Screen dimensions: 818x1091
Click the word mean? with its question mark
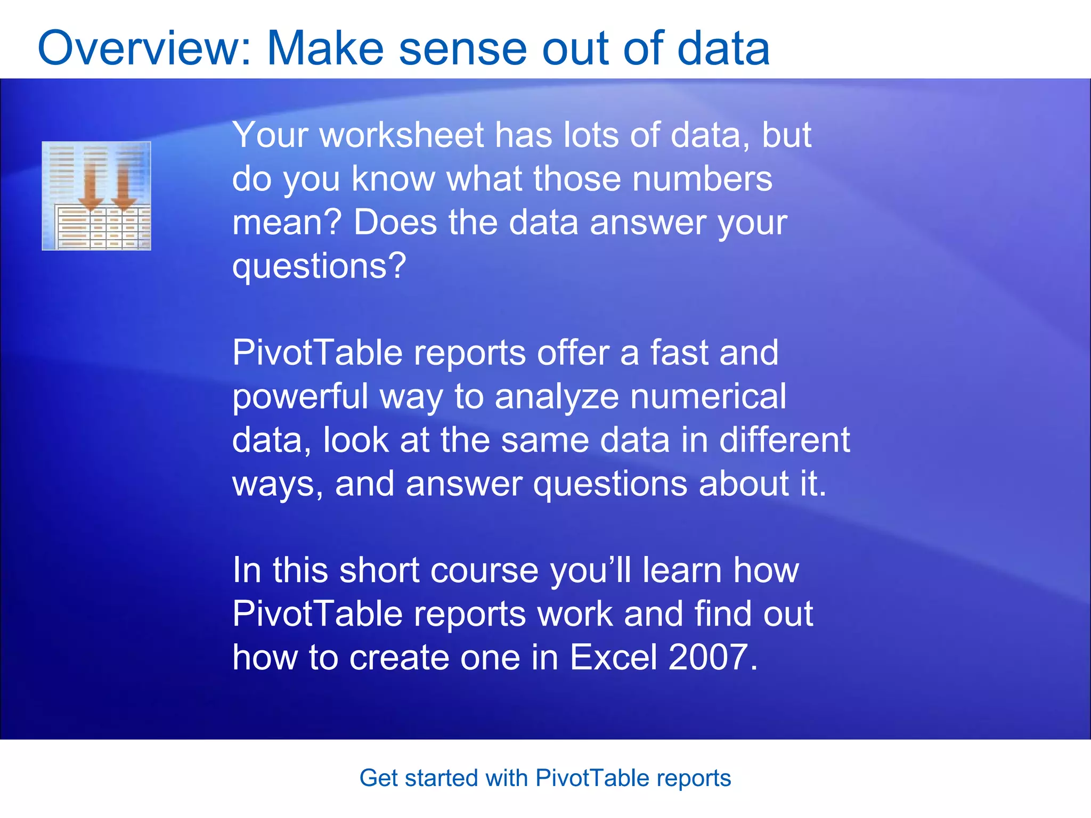(x=287, y=222)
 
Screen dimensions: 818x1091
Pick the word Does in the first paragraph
(x=395, y=222)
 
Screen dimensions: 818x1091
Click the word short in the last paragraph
(x=379, y=570)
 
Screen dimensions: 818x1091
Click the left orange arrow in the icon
(x=91, y=186)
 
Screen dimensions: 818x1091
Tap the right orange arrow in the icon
(x=124, y=186)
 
